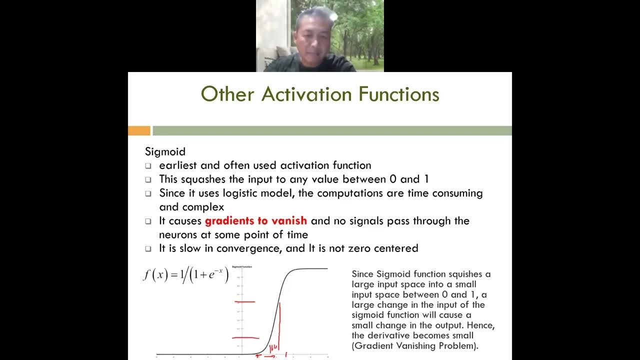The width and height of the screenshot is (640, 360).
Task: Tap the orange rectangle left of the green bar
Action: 139,131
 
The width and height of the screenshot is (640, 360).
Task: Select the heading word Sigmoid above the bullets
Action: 165,151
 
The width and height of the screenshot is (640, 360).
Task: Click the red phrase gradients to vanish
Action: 256,221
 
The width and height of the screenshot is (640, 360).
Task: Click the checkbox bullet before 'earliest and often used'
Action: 148,166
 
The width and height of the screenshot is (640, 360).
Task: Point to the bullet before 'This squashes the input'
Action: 148,179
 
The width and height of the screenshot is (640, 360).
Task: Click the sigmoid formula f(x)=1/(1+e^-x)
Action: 185,275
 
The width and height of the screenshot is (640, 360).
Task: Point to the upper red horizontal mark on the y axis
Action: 245,301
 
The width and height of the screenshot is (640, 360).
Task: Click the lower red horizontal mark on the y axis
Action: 245,338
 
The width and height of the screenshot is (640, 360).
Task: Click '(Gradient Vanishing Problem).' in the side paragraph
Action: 415,345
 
